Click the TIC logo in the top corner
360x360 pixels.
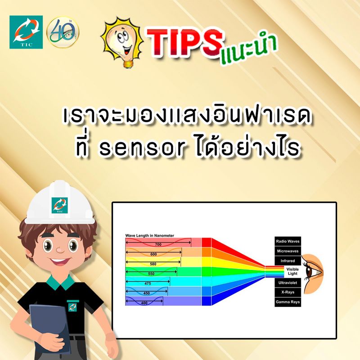click(26, 32)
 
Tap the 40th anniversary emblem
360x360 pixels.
click(63, 32)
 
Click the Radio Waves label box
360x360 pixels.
click(288, 241)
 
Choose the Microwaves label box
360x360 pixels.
click(288, 251)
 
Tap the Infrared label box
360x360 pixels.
click(288, 261)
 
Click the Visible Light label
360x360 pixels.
click(292, 271)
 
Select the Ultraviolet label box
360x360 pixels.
click(288, 282)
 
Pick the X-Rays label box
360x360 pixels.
click(288, 292)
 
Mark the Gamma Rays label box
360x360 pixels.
click(288, 302)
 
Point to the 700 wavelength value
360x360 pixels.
click(158, 244)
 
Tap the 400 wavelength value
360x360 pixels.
click(144, 303)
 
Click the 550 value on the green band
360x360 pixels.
click(151, 274)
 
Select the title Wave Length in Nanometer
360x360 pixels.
click(149, 235)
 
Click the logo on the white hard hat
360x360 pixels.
click(58, 204)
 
